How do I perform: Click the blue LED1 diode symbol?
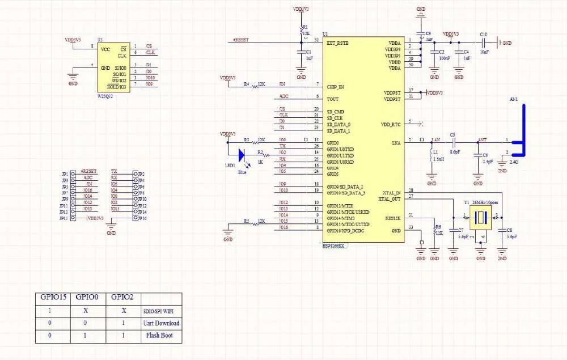coord(242,154)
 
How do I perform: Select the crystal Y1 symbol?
coord(481,217)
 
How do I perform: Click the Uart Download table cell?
coord(160,323)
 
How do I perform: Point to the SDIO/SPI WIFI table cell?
coord(161,311)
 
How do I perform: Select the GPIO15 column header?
coord(52,297)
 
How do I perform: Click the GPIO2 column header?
coord(122,297)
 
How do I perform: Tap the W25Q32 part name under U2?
coord(106,96)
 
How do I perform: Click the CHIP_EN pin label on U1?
coord(336,87)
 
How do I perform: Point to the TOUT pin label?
coord(332,99)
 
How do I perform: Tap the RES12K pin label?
coord(392,217)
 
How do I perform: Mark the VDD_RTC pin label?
coord(391,124)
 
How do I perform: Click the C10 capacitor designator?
coord(483,34)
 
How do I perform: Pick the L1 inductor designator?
coord(435,153)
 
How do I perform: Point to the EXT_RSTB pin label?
coord(338,43)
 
